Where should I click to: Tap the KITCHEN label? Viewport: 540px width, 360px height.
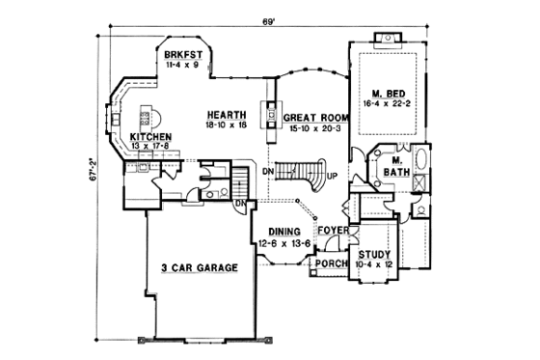point(151,138)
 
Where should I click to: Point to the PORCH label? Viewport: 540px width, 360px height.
point(330,262)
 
